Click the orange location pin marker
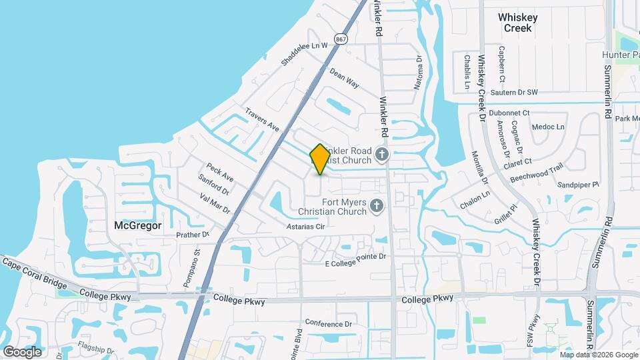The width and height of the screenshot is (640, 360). click(x=320, y=159)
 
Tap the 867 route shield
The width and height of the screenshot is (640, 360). click(x=341, y=40)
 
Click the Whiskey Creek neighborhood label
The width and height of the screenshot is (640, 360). click(x=518, y=23)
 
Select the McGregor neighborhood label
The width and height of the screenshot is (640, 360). click(x=138, y=225)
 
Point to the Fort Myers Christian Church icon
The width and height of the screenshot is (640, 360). click(x=377, y=206)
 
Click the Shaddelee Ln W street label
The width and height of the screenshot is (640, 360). click(x=305, y=51)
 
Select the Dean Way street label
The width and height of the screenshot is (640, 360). click(x=344, y=80)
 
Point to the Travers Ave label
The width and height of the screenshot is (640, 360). click(x=261, y=119)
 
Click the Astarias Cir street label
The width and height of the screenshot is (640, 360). click(x=305, y=227)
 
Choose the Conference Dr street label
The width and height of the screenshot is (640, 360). click(x=328, y=323)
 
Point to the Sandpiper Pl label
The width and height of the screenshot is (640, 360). click(x=578, y=184)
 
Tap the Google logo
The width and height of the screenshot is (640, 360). click(x=22, y=351)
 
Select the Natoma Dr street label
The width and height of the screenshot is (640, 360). click(x=419, y=73)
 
